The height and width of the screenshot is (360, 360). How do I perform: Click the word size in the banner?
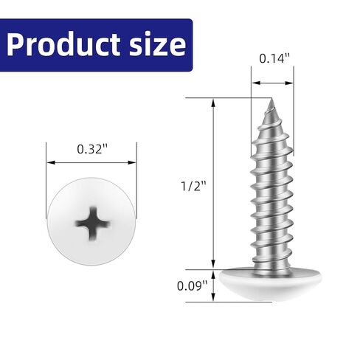pyautogui.click(x=156, y=46)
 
